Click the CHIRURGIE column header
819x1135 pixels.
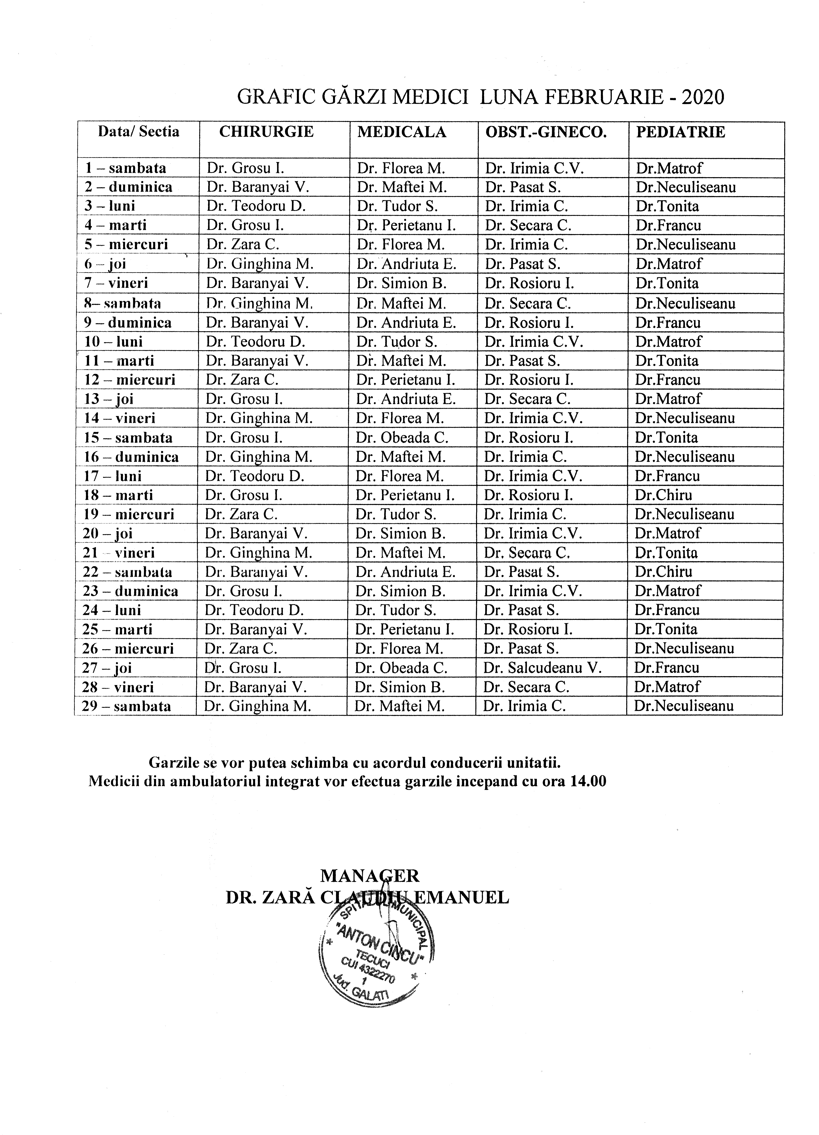pyautogui.click(x=266, y=132)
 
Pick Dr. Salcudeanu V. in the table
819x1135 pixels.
pyautogui.click(x=542, y=668)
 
